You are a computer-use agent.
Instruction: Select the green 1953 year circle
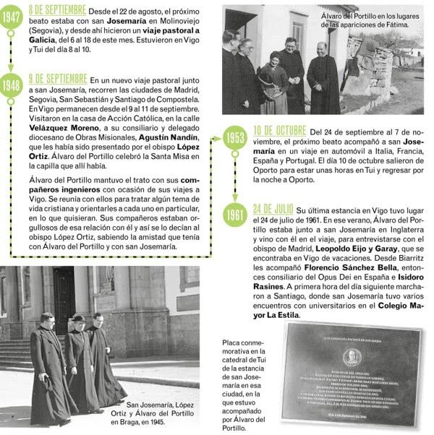234,137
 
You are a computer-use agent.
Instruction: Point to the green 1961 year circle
234,215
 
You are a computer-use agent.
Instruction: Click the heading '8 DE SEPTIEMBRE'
59,11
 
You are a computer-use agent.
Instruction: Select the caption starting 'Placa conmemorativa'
248,383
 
